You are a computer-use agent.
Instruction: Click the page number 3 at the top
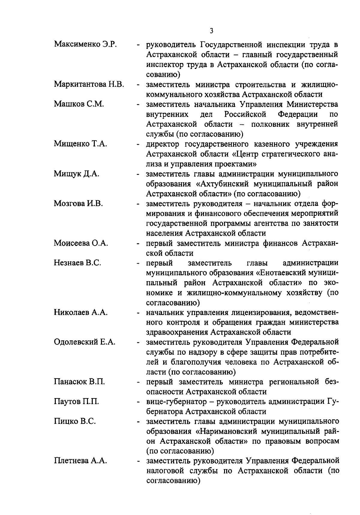point(212,31)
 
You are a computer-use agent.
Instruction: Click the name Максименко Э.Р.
point(85,45)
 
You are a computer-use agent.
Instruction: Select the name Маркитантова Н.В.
point(89,85)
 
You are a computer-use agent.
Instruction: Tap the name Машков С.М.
point(79,104)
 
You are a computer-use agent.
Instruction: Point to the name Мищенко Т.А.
point(80,144)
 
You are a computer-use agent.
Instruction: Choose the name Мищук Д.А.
point(76,174)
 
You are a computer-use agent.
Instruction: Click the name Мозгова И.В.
point(78,204)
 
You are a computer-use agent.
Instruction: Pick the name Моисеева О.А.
point(81,243)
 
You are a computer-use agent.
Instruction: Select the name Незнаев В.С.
point(77,263)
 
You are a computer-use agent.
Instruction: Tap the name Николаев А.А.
point(81,312)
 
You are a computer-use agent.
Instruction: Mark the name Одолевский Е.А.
point(85,342)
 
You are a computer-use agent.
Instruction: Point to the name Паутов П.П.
point(76,402)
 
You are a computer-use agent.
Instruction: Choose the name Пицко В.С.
point(75,421)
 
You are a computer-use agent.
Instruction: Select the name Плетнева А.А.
point(80,461)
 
